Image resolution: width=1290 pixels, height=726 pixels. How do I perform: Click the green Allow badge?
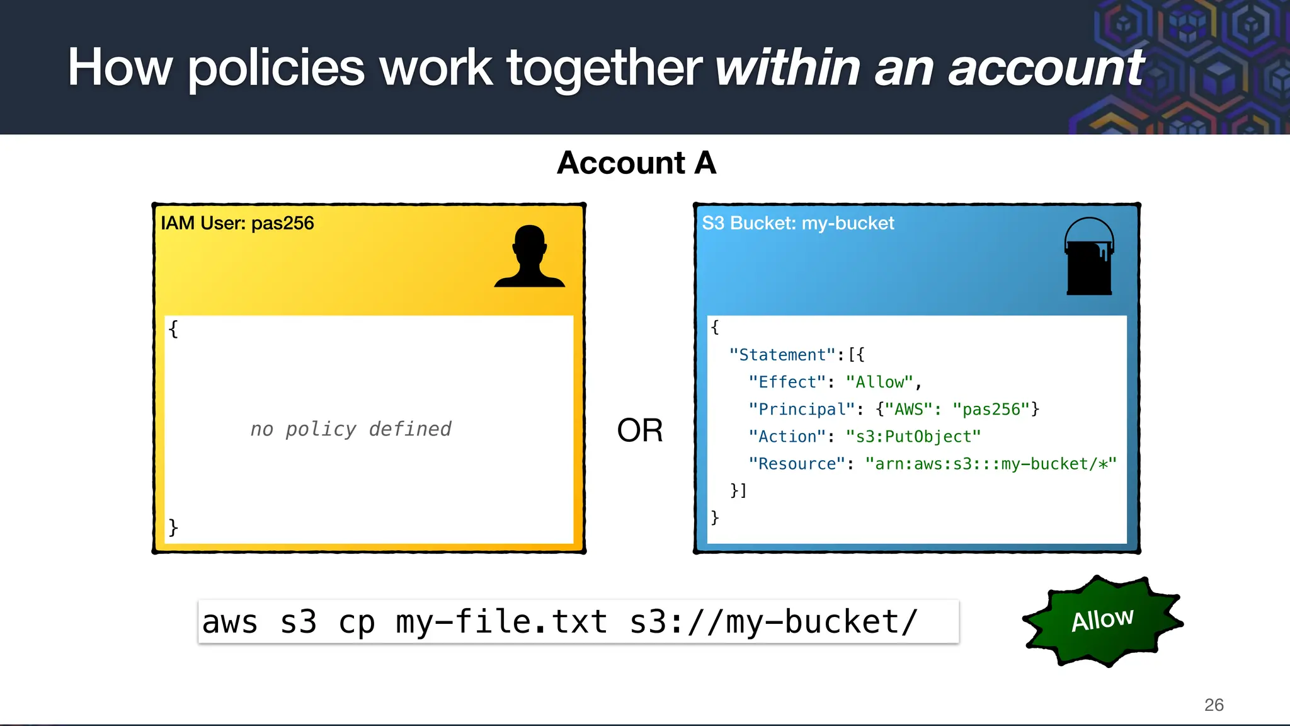[x=1102, y=621]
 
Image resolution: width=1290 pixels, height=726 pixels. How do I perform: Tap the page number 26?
[x=1213, y=705]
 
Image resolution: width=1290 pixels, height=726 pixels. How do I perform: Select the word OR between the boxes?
[x=639, y=430]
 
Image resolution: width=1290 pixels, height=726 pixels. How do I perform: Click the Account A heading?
[x=636, y=163]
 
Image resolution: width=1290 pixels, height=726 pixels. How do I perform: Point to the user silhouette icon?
[x=529, y=257]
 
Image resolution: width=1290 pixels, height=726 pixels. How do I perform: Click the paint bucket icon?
[x=1088, y=258]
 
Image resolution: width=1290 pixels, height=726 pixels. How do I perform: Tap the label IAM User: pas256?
[x=237, y=223]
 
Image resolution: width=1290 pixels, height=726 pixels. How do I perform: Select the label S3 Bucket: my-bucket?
[x=797, y=223]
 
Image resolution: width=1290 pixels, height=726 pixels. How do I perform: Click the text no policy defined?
[x=351, y=429]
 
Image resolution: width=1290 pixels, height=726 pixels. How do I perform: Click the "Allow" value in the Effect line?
[x=879, y=382]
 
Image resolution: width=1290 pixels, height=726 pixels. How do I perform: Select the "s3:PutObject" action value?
[x=913, y=436]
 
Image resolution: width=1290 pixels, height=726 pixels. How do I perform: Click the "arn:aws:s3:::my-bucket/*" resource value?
[x=990, y=464]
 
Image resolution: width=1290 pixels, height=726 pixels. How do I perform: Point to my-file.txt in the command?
[x=501, y=622]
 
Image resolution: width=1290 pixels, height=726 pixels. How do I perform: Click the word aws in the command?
[x=230, y=622]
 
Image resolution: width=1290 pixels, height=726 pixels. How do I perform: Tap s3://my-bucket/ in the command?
[x=773, y=622]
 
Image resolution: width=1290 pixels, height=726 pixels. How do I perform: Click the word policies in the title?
[x=276, y=67]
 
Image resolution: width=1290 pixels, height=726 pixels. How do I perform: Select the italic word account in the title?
[x=1046, y=67]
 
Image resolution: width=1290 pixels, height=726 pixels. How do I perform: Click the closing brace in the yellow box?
[x=173, y=527]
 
